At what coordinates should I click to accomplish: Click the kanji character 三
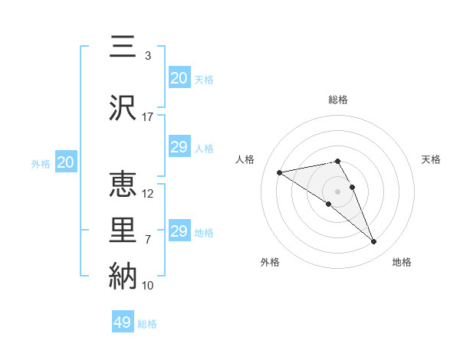coord(123,47)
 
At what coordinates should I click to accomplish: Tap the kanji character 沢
coord(123,108)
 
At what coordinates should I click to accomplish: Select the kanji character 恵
coord(123,185)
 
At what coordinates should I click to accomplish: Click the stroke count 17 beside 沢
coord(148,117)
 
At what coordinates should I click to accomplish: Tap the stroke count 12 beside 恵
coord(148,194)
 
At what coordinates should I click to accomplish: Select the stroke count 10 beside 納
coord(148,286)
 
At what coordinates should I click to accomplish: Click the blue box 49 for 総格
coord(123,322)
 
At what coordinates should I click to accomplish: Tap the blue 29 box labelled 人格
coord(179,147)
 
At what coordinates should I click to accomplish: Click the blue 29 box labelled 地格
coord(179,231)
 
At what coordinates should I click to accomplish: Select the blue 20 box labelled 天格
coord(179,78)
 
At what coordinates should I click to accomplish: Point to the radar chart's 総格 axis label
coord(338,100)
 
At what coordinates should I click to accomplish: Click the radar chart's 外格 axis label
coord(270,262)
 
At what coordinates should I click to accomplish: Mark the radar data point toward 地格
coord(374,242)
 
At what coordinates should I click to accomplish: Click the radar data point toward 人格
coord(279,172)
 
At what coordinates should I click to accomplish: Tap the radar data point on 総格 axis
coord(338,161)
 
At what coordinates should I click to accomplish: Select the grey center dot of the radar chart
coord(338,191)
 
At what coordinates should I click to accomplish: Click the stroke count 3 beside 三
coord(148,56)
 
